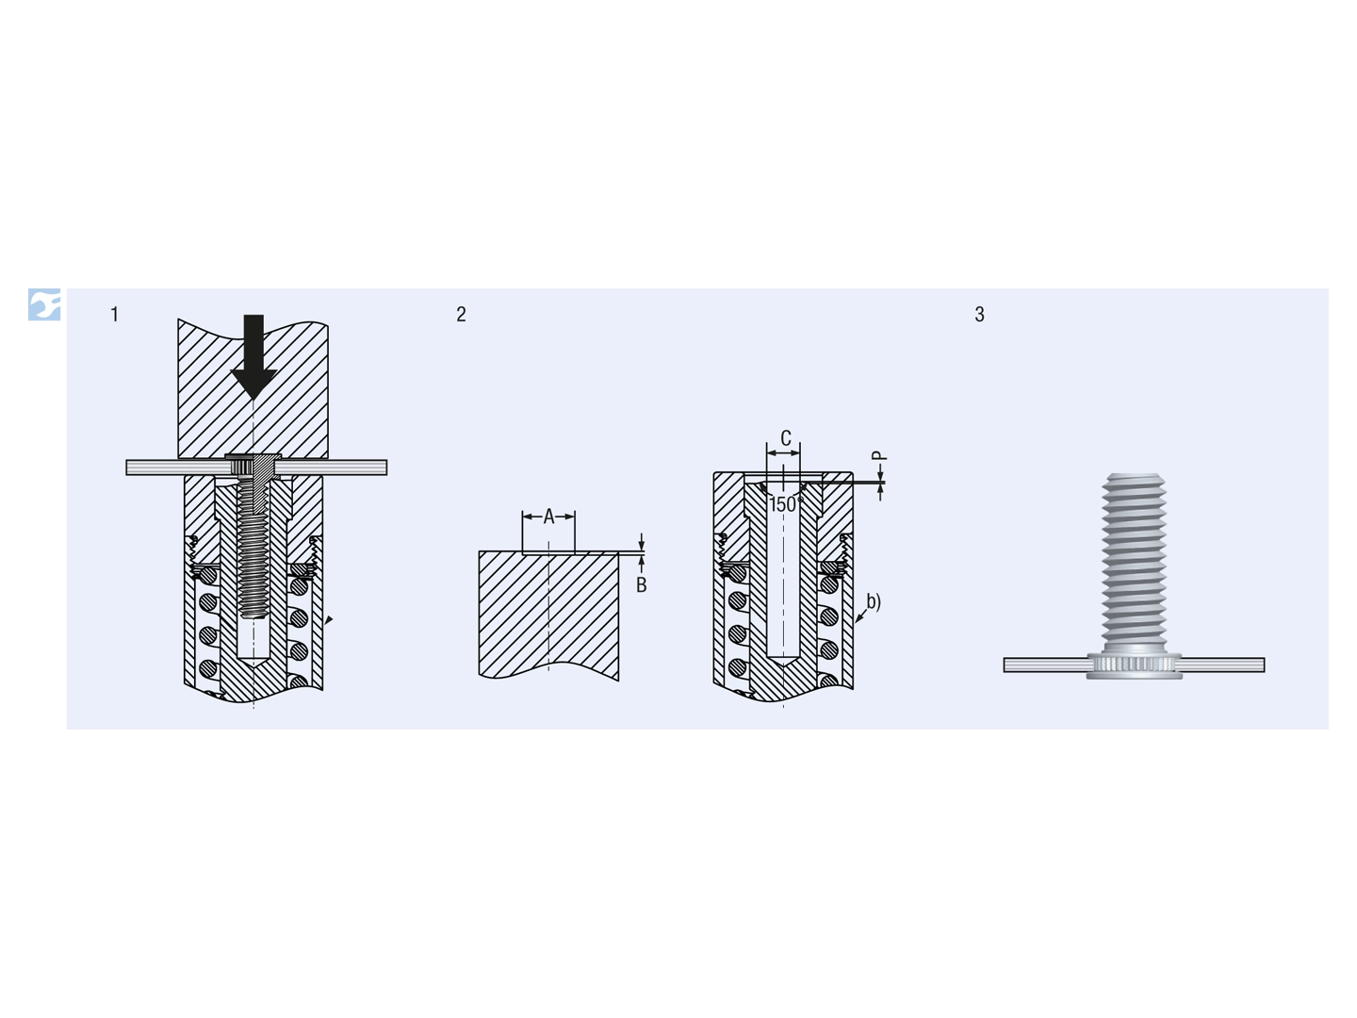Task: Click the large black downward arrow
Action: coord(253,355)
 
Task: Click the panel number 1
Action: coord(114,314)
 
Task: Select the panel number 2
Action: coord(461,314)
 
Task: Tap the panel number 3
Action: coord(979,314)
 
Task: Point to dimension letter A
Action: coord(548,517)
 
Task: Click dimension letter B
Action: coord(641,584)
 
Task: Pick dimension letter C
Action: coord(786,438)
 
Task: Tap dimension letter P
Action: coord(880,455)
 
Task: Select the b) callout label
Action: coord(874,600)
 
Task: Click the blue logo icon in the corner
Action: coord(44,304)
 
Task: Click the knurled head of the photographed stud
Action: coord(1135,665)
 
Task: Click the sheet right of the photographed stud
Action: coord(1222,665)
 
